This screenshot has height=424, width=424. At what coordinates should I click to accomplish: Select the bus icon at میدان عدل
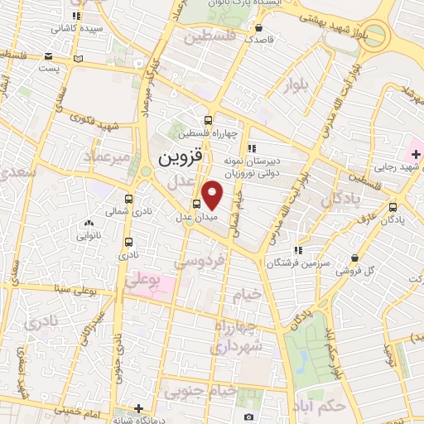196,205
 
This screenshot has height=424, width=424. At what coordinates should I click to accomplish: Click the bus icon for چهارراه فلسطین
213,118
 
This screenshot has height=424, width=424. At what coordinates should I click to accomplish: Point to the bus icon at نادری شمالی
128,200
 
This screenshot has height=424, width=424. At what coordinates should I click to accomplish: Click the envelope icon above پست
79,59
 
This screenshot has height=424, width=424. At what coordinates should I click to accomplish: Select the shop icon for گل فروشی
355,257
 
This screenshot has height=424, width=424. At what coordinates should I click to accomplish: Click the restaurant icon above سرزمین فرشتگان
298,249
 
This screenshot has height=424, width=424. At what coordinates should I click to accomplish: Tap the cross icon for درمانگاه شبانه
139,407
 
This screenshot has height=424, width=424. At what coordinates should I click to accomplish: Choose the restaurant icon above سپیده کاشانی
77,15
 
